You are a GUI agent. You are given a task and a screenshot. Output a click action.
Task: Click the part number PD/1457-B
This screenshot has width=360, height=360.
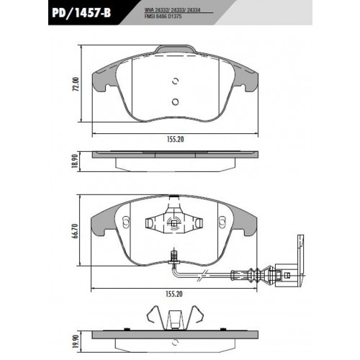(81, 13)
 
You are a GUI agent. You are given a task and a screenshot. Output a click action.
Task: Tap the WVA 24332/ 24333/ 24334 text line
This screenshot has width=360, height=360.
(172, 11)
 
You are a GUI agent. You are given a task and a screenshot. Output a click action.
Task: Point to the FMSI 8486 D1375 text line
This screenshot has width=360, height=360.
(163, 17)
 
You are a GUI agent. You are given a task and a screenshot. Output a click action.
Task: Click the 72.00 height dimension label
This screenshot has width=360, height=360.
(76, 84)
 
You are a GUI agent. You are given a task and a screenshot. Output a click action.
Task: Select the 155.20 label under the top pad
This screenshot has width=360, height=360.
(175, 139)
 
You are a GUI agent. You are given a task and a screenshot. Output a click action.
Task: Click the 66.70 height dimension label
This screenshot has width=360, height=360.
(76, 231)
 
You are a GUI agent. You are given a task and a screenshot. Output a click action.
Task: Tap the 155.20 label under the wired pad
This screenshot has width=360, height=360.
(174, 294)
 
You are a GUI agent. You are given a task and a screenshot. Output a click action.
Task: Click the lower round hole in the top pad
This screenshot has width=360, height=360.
(176, 102)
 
